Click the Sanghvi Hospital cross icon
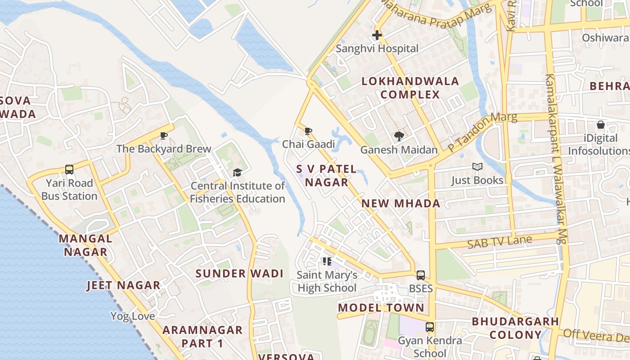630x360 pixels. [x=377, y=35]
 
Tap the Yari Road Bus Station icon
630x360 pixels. [x=69, y=170]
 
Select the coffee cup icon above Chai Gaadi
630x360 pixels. [x=308, y=131]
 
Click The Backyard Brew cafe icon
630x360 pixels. [x=164, y=135]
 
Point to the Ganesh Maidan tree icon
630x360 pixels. [x=399, y=136]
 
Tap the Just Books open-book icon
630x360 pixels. [x=477, y=167]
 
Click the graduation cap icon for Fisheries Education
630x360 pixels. [x=237, y=172]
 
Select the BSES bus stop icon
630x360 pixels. [x=421, y=275]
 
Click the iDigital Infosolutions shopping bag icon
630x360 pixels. [x=600, y=125]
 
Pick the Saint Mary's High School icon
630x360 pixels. [x=327, y=261]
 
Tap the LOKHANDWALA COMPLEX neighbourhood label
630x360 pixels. [x=410, y=88]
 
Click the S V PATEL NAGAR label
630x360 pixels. [x=326, y=175]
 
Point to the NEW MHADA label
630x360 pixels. [x=401, y=203]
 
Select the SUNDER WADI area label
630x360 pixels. [x=239, y=274]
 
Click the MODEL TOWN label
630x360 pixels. [x=381, y=308]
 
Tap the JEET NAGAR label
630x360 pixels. [x=123, y=285]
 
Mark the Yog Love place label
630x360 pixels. [x=133, y=316]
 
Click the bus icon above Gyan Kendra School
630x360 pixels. [x=430, y=327]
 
